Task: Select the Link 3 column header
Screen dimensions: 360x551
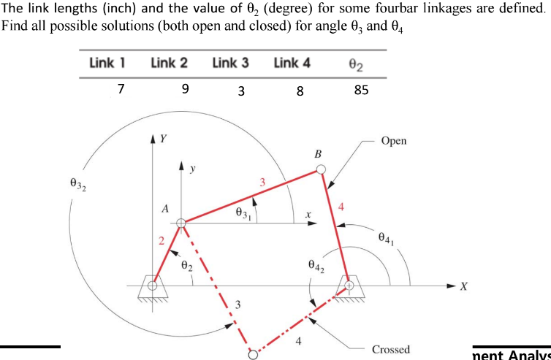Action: (230, 63)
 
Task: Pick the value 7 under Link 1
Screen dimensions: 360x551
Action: (121, 90)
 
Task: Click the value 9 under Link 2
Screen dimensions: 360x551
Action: (186, 90)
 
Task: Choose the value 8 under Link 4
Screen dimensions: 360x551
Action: (300, 91)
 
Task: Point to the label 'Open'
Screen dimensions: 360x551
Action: (394, 141)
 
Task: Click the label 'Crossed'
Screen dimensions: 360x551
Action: (391, 349)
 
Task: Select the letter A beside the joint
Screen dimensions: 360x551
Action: (166, 209)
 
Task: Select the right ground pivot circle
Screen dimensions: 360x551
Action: (349, 285)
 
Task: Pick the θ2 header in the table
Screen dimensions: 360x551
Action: (359, 64)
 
